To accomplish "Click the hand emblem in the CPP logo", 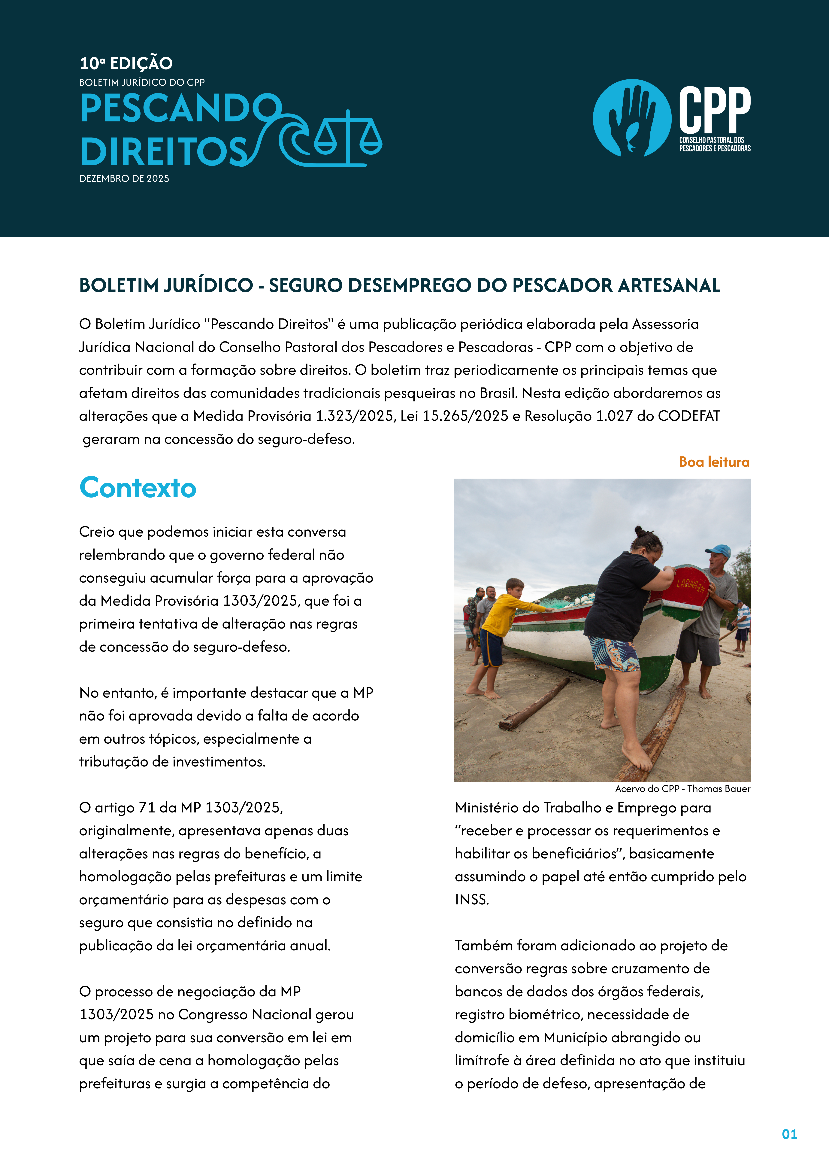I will click(x=632, y=117).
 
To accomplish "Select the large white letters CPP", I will click(x=714, y=109).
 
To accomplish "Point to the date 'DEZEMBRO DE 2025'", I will click(x=124, y=178).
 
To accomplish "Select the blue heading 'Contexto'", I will click(x=138, y=488).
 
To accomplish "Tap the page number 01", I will click(x=789, y=1134).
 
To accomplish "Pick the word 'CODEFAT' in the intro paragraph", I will click(x=688, y=416).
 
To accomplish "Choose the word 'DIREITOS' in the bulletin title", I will click(x=163, y=152).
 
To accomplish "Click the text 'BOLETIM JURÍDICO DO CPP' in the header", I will click(x=142, y=82).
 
